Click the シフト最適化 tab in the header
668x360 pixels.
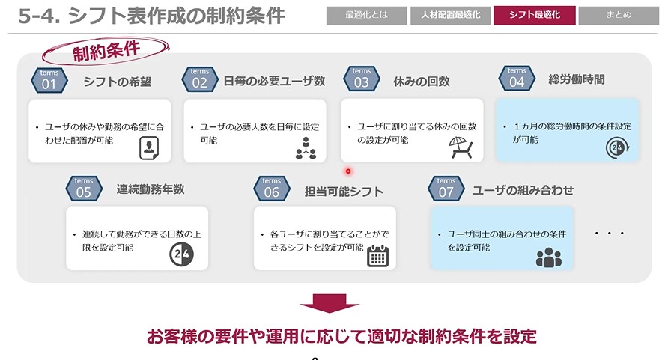pos(534,15)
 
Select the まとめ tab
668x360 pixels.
pos(619,15)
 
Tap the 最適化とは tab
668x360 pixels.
pos(366,15)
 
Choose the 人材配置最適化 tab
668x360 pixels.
pos(450,15)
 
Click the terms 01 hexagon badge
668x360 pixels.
pos(49,80)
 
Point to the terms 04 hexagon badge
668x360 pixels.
pos(517,79)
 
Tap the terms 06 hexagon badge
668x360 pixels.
pos(271,189)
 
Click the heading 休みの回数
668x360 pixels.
pos(422,82)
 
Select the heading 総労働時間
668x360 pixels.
pos(577,79)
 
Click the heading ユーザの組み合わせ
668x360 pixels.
pos(523,190)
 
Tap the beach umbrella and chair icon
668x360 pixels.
pos(461,147)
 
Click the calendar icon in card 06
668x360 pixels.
pos(378,256)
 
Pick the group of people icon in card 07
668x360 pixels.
pos(549,257)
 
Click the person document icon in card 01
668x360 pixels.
pos(149,148)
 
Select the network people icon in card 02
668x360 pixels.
pos(306,148)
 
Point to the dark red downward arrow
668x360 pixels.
pos(330,303)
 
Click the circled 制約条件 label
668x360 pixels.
pos(106,51)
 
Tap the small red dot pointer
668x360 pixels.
pos(348,171)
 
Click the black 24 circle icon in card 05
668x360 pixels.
pos(181,254)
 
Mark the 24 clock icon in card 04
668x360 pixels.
pos(617,147)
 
